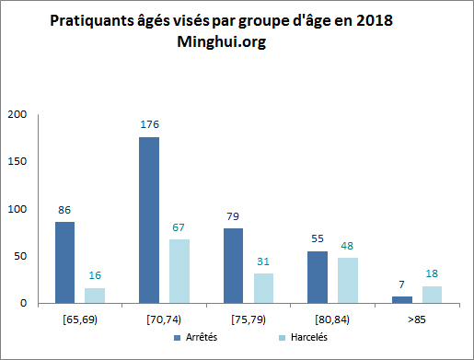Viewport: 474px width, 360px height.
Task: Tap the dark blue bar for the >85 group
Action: pos(402,299)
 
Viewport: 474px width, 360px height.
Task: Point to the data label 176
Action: pos(150,123)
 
